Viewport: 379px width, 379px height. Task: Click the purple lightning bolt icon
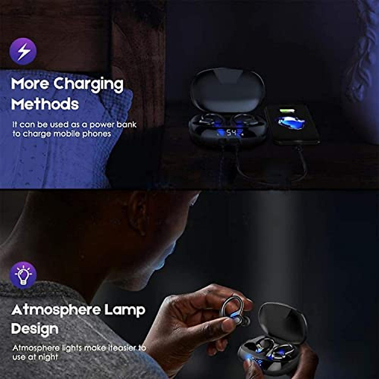23,51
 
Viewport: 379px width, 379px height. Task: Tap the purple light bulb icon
23,275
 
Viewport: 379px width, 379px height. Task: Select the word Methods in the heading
45,104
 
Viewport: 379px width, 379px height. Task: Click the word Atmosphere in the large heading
56,310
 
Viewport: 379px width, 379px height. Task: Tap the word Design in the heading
35,329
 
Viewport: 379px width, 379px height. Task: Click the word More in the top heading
30,84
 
